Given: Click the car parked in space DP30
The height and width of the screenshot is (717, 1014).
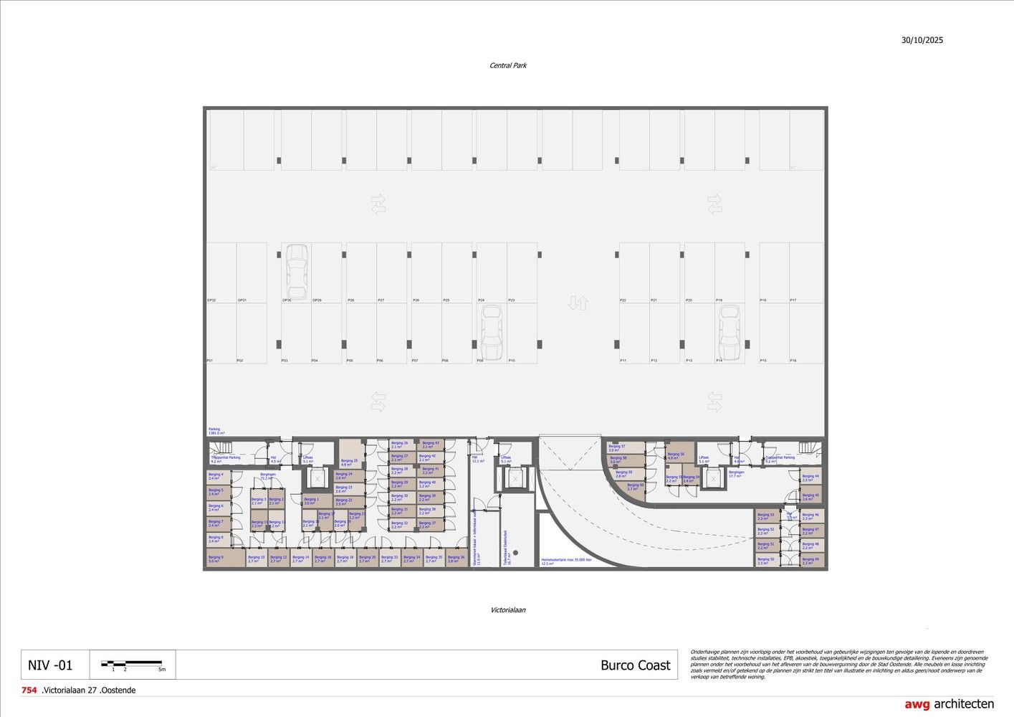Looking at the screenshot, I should [297, 272].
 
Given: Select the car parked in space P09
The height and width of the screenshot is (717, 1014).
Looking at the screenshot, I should [491, 333].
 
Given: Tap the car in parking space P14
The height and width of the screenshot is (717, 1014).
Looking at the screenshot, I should [730, 333].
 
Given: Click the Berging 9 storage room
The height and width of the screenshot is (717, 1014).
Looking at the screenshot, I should [218, 559].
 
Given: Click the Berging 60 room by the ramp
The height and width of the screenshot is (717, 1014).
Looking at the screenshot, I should [635, 488].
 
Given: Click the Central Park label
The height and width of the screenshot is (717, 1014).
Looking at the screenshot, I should [508, 66].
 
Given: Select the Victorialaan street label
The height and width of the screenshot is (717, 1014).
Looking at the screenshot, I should [508, 610].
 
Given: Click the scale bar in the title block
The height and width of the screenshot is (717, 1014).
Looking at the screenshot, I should [132, 665].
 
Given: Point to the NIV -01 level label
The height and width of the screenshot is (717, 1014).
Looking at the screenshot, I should [50, 665].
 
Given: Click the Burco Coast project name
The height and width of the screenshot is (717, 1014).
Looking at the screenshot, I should [635, 665].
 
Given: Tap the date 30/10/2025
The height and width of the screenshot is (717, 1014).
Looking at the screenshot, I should [922, 41].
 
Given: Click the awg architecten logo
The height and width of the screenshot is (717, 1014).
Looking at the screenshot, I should [949, 704].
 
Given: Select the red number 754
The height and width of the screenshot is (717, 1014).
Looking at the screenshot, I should [29, 690].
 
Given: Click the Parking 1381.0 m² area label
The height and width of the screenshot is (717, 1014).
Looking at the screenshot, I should [216, 432].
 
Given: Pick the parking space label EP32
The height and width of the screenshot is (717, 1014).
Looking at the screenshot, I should [211, 300].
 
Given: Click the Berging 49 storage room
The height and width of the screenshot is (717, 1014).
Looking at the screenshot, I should [810, 561].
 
